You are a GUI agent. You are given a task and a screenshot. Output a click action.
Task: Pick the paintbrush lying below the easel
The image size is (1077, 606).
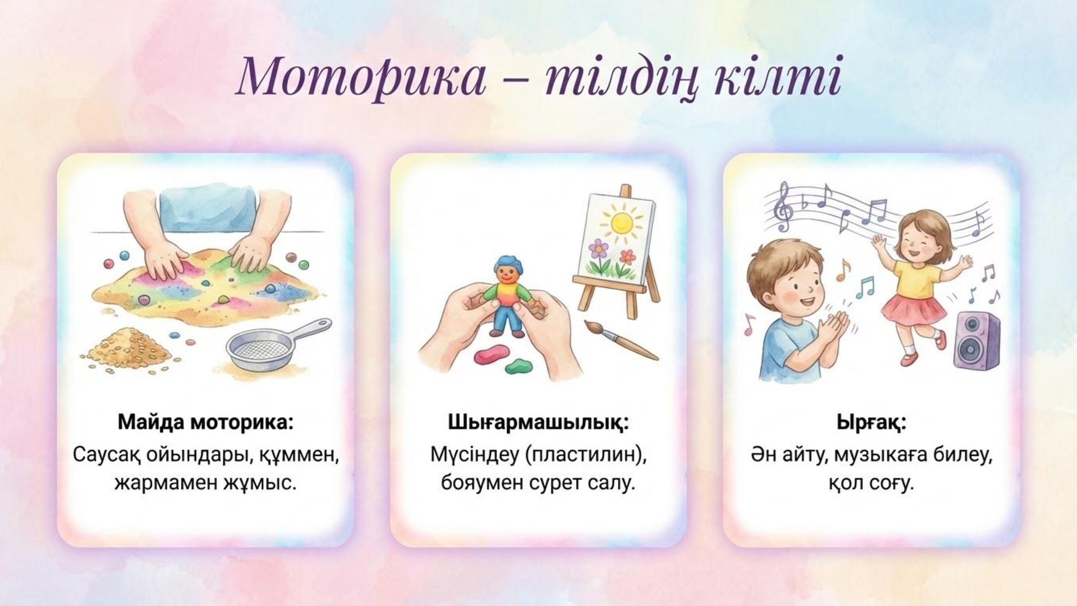pos(620,340)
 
